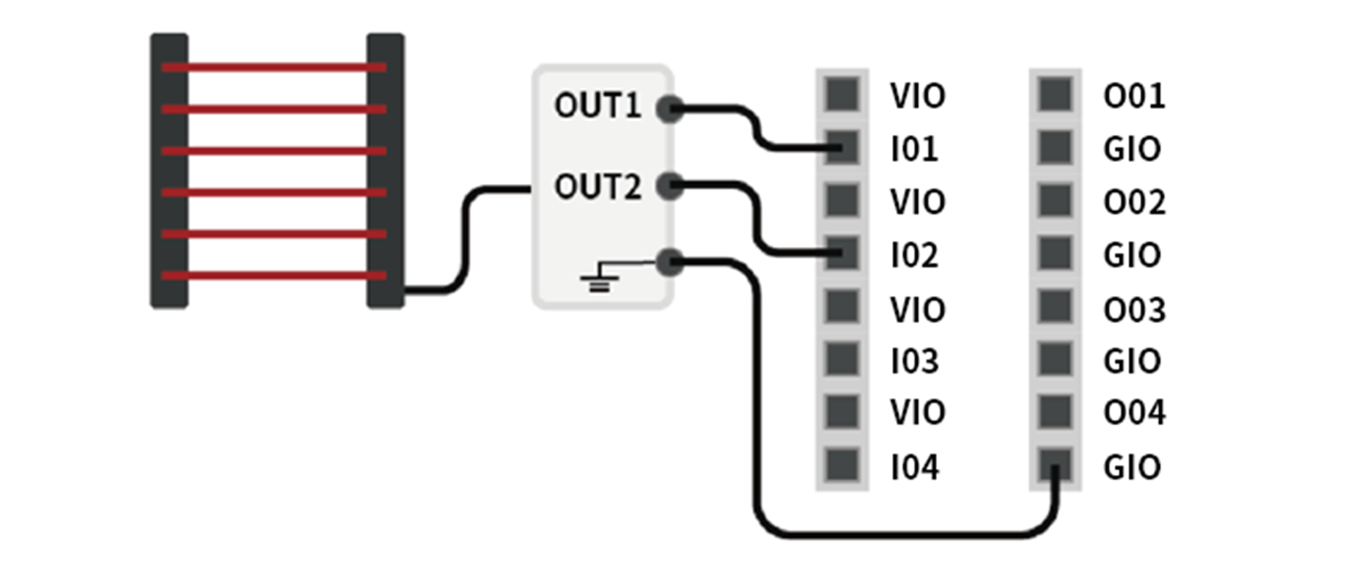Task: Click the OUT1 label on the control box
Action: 597,106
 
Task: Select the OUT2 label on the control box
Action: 597,187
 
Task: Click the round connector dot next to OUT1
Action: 669,109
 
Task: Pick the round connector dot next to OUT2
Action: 669,186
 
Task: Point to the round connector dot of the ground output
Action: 669,262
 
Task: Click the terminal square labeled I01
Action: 842,147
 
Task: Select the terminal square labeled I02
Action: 842,254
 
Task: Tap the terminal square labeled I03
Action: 842,359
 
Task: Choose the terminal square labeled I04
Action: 842,465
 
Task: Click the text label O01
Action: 1133,96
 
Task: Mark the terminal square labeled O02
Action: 1055,200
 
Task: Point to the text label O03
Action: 1133,309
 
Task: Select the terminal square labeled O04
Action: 1055,411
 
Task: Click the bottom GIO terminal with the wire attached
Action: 1055,465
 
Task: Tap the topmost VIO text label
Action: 917,96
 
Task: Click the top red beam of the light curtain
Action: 273,67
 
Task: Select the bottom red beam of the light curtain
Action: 273,276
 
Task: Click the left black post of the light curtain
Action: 169,170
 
